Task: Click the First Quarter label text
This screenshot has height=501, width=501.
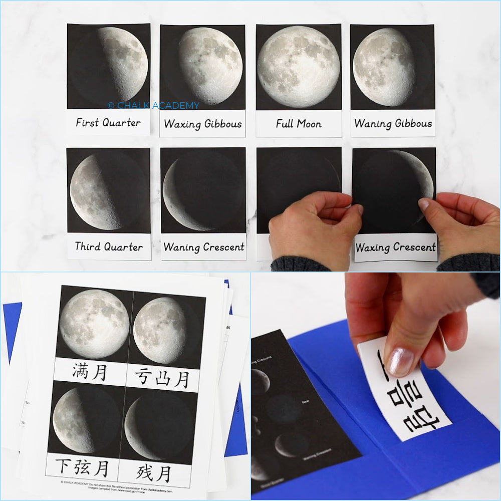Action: click(108, 122)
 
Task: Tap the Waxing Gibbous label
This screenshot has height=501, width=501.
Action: click(202, 124)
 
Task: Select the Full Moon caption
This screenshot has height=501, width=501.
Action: click(299, 123)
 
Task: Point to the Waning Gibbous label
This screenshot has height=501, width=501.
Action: click(393, 123)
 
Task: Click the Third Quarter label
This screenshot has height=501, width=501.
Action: click(109, 246)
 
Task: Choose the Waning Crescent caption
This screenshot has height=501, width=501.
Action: click(203, 247)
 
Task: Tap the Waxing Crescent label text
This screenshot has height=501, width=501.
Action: click(395, 247)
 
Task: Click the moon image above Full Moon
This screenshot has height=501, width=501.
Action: click(299, 67)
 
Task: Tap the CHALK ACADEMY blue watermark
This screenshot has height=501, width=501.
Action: click(153, 106)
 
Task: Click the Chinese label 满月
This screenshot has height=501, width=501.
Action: click(89, 372)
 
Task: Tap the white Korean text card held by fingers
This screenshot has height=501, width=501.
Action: click(408, 396)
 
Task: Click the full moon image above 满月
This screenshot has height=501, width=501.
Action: click(94, 324)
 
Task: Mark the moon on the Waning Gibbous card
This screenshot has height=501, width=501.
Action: click(384, 67)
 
